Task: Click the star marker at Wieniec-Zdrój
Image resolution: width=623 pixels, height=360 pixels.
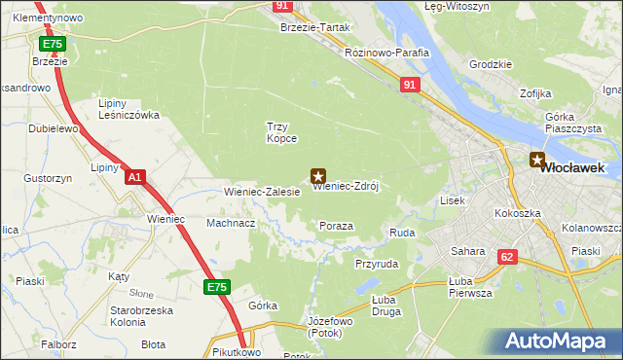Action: click(x=317, y=176)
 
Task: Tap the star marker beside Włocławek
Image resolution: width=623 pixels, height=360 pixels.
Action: click(x=536, y=160)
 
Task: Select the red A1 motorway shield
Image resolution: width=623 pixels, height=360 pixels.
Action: click(x=135, y=177)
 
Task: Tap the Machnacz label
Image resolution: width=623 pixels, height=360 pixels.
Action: click(x=231, y=223)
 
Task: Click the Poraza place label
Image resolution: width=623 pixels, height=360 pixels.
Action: click(x=336, y=226)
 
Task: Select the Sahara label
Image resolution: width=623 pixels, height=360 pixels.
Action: click(x=468, y=251)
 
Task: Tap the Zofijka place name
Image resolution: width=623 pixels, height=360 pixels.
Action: click(x=536, y=93)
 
